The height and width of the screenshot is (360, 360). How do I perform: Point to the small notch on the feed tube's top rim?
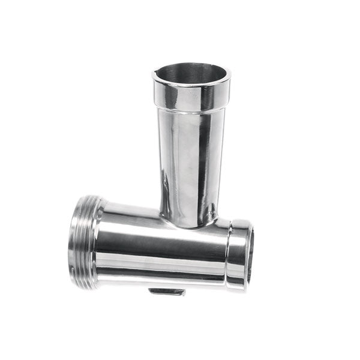click(158, 76)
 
